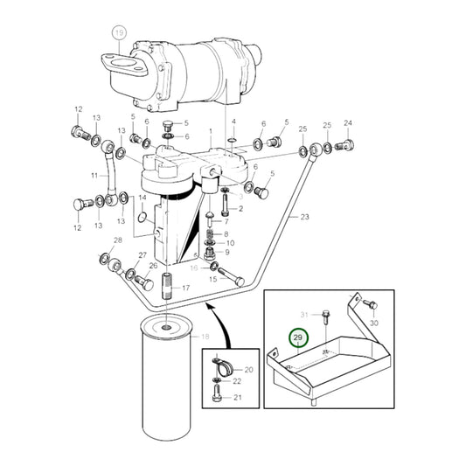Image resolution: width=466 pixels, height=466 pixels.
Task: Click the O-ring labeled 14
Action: pos(141,209)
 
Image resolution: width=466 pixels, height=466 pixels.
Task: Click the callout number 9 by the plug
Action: pos(226,252)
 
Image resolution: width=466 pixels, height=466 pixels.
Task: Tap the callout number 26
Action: pos(154,265)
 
